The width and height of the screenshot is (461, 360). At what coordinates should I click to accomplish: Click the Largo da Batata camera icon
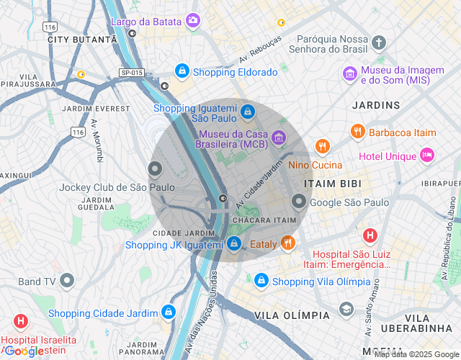[x=192, y=20]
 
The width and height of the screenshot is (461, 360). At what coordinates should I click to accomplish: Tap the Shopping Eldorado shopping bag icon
[x=182, y=71]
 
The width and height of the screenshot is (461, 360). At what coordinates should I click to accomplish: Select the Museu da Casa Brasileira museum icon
[x=279, y=137]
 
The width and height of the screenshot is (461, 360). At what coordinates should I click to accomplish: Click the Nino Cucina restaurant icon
[x=321, y=147]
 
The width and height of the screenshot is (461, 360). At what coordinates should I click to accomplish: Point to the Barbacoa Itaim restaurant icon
[x=357, y=131]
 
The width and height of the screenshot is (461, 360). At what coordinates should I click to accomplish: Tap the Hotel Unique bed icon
[x=428, y=155]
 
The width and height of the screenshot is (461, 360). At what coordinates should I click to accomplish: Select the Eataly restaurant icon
[x=288, y=243]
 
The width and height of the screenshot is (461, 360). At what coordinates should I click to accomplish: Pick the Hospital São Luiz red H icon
[x=370, y=235]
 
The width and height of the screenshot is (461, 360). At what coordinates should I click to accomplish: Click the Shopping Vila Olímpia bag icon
[x=261, y=280]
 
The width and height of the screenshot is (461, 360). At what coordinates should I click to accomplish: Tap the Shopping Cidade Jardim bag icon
[x=168, y=312]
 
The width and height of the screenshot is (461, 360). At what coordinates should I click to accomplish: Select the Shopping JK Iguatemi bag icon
[x=234, y=244]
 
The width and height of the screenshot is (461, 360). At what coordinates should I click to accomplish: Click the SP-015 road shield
[x=132, y=73]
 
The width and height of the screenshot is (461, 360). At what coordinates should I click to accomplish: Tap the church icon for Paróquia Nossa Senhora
[x=380, y=42]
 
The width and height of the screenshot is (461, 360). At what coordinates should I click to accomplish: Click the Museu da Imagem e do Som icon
[x=349, y=73]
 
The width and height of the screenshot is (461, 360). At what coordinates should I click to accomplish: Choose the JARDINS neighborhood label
[x=375, y=105]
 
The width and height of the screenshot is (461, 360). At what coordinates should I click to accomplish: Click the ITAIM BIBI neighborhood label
[x=332, y=184]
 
